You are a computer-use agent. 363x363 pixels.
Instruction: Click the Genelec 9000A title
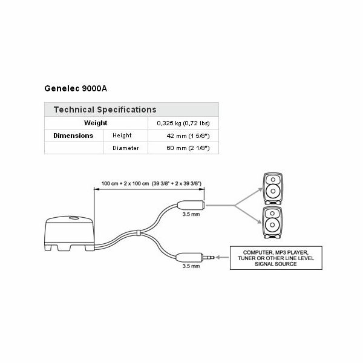tap(76, 88)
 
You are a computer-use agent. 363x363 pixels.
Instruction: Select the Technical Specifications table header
tap(105, 110)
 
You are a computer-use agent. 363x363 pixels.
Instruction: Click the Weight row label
tap(96, 123)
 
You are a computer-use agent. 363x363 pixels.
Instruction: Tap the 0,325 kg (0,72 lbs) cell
tap(183, 123)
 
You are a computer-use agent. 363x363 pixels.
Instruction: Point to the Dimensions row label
tap(73, 136)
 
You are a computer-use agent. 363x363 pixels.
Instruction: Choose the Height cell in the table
tap(122, 136)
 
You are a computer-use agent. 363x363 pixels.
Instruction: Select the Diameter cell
tap(125, 148)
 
